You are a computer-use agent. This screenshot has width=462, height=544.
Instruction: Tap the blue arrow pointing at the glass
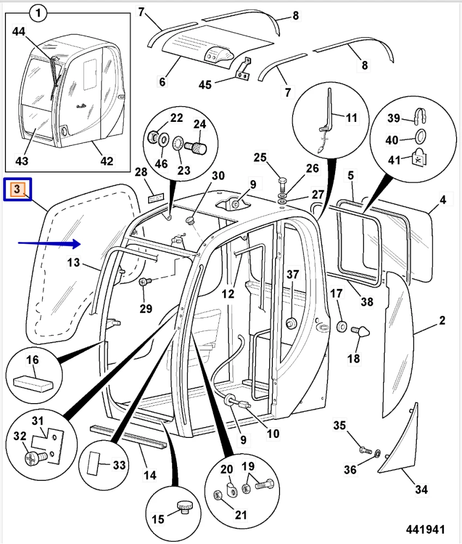[x=49, y=243]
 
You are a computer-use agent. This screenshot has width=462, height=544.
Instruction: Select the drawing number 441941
[x=425, y=529]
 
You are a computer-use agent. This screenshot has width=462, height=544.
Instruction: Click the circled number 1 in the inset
[x=38, y=12]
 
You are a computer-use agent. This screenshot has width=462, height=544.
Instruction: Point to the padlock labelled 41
[x=420, y=157]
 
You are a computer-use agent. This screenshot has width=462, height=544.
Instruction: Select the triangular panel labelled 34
[x=400, y=441]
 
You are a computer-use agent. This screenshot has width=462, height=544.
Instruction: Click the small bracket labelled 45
[x=243, y=69]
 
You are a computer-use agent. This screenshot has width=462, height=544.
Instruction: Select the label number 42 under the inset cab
[x=107, y=161]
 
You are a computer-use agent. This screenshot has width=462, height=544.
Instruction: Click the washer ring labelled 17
[x=342, y=326]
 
